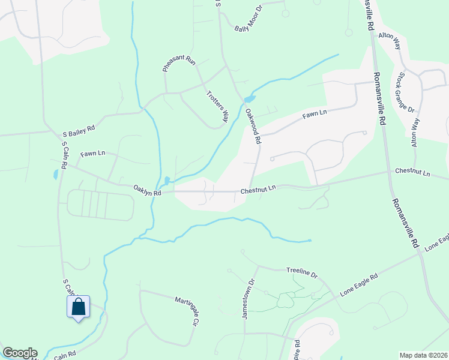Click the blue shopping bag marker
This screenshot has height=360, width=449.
point(78,307)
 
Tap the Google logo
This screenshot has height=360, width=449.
point(20,353)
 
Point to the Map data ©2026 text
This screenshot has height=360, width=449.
point(423,355)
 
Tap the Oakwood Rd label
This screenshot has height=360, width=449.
point(253,125)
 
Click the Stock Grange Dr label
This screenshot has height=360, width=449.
point(403,92)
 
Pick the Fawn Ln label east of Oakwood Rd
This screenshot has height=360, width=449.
point(315,112)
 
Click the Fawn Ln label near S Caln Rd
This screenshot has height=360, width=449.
point(92,154)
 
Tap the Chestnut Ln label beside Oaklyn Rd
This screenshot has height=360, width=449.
point(258,189)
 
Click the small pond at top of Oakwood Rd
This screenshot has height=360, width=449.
point(250,99)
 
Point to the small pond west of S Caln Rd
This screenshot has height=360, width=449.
point(56,175)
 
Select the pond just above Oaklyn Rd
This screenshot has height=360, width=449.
point(166,180)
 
